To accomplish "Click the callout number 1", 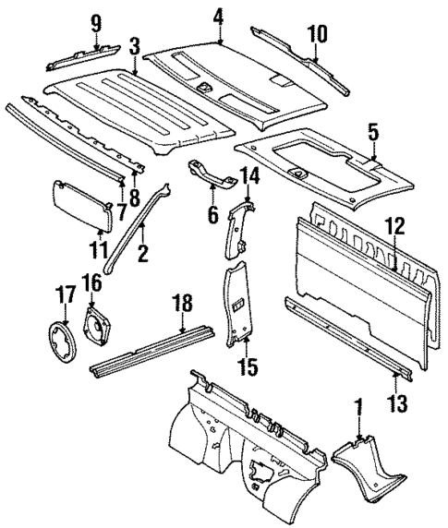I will pyautogui.click(x=357, y=404).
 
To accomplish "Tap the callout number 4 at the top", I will pyautogui.click(x=218, y=16).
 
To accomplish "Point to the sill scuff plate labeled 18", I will pyautogui.click(x=152, y=353).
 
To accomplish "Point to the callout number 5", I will pyautogui.click(x=372, y=133).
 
